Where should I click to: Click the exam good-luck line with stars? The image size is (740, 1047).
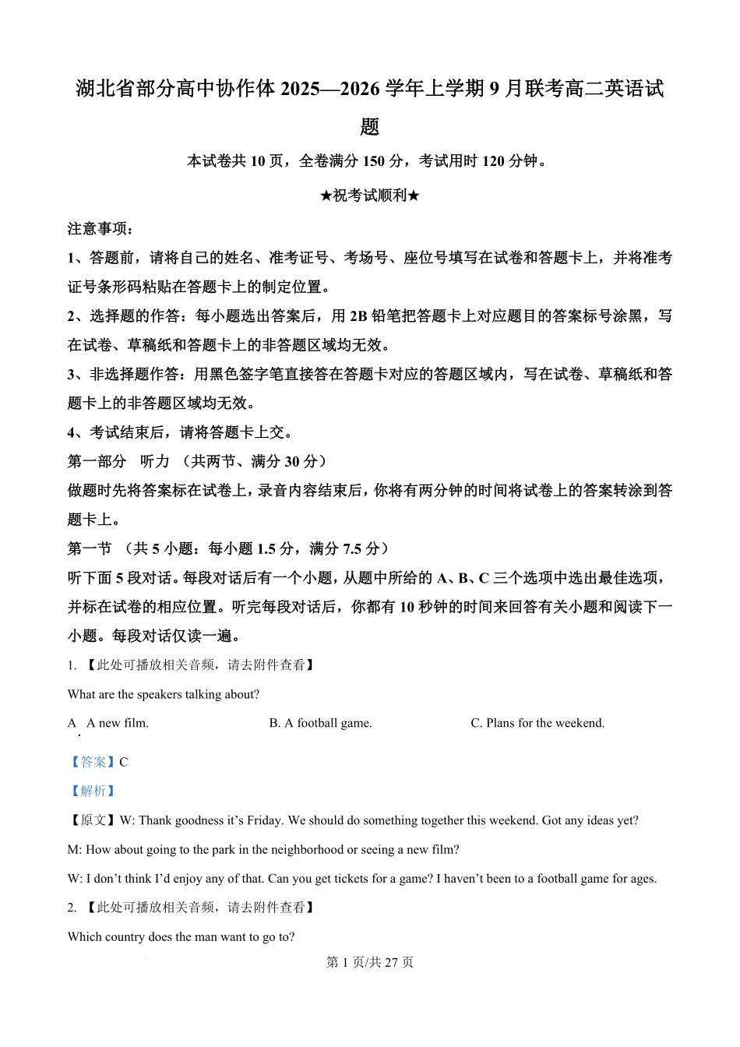coord(369,196)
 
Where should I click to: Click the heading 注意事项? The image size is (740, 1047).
coord(100,229)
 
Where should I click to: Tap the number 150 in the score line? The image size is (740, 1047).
coord(373,161)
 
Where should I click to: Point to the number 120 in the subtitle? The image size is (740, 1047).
coord(493,161)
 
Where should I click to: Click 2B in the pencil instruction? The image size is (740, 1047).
coord(358,316)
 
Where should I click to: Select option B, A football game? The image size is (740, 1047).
coord(320,723)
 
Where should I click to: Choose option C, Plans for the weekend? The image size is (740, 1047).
coord(537,723)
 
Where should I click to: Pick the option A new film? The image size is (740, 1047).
coord(117,723)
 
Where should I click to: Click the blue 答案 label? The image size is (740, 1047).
coord(93,762)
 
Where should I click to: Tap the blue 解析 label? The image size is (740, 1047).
coord(93,791)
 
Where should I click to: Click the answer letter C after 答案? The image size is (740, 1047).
coord(124,762)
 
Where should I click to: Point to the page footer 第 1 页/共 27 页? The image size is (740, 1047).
coord(369,962)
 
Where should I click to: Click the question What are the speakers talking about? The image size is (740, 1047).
coord(164,694)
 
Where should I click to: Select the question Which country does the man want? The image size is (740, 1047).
coord(181,936)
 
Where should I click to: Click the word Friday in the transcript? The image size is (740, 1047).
coord(266,820)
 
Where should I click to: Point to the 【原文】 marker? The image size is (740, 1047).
coord(93,820)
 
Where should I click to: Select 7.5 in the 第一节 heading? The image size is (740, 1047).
coord(352,548)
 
